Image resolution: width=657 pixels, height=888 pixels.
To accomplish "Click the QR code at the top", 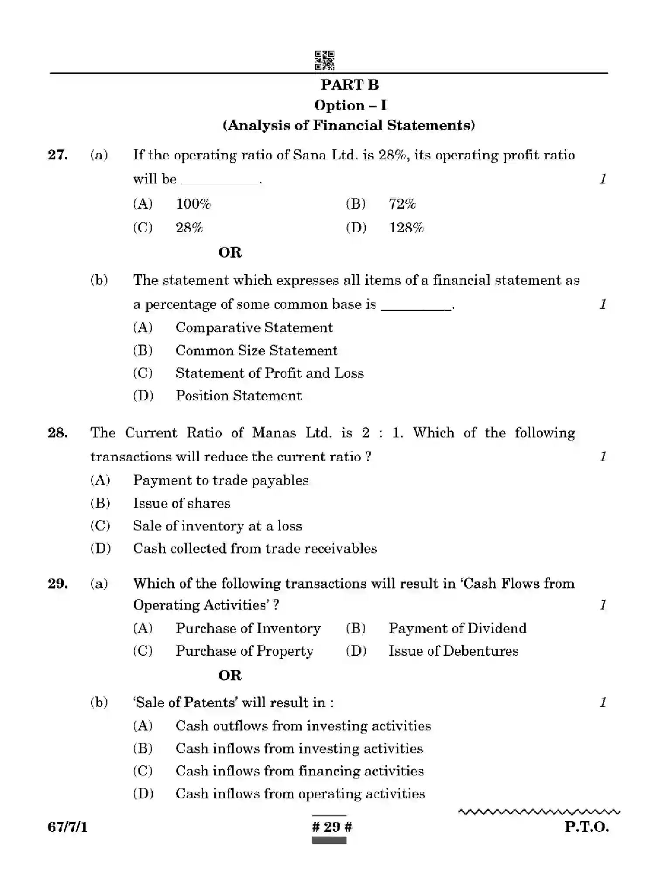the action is click(324, 61).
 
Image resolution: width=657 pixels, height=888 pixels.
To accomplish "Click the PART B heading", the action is click(350, 85).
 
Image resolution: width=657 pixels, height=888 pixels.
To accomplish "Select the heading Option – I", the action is click(350, 105).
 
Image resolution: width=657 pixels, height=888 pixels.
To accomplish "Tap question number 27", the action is click(58, 155).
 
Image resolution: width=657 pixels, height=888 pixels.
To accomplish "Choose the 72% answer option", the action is click(402, 204).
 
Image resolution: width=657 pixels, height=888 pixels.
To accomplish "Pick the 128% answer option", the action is click(406, 228).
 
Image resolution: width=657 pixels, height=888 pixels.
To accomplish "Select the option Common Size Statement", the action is click(256, 351).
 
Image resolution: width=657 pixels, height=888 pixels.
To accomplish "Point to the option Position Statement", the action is click(238, 396).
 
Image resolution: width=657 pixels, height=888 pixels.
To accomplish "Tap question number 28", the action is click(58, 433).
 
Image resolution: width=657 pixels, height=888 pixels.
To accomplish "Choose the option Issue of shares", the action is click(182, 503).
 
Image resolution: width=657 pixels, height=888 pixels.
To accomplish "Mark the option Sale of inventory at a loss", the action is click(217, 526).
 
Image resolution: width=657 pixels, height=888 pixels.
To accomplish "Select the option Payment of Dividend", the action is click(457, 628).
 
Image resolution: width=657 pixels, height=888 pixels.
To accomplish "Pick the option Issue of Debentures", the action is click(454, 651).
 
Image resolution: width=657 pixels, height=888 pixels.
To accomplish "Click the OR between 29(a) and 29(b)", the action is click(230, 675).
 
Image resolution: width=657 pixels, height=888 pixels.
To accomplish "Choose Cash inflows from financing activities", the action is click(299, 771).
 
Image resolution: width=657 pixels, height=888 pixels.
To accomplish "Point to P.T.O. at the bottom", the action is click(586, 827).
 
